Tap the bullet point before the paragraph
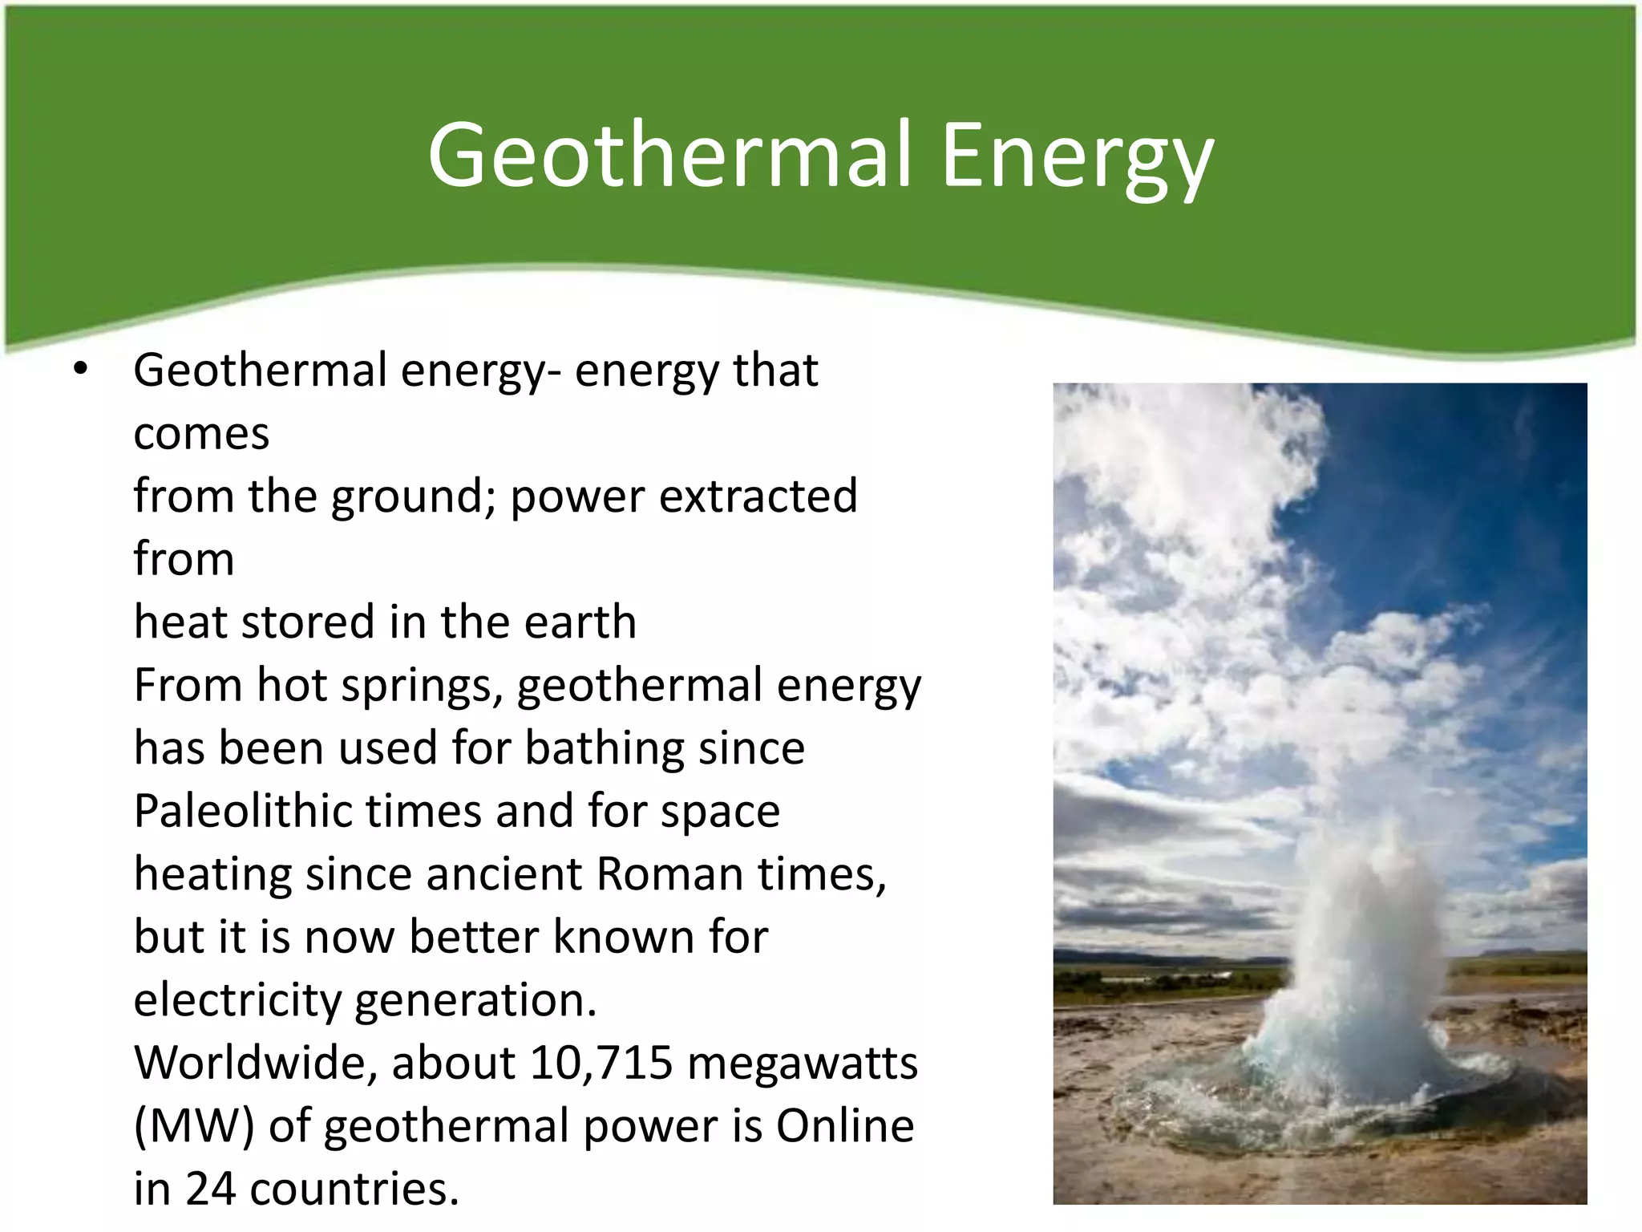(79, 370)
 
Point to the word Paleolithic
(242, 810)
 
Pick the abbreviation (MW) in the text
(194, 1125)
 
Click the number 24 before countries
(211, 1188)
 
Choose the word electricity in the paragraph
(237, 999)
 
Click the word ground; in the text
(415, 496)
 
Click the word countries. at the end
(354, 1188)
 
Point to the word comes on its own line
(201, 434)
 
